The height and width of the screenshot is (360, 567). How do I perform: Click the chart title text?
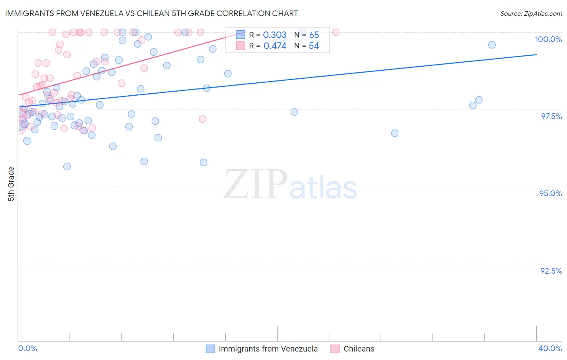point(151,13)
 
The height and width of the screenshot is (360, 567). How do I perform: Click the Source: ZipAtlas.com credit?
point(531,14)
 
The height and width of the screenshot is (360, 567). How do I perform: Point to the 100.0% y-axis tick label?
point(548,39)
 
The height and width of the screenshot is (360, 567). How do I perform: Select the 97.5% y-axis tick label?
point(551,116)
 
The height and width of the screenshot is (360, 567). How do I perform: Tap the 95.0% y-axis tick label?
point(550,193)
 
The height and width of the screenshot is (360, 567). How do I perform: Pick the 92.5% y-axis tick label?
point(551,271)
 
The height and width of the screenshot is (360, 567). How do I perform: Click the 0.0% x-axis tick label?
point(27,349)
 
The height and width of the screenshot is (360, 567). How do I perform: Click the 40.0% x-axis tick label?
point(550,349)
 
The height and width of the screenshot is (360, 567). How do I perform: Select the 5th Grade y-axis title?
point(11,184)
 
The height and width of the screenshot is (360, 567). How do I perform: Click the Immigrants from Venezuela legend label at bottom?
point(268,349)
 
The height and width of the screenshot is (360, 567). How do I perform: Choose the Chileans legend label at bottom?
point(359,349)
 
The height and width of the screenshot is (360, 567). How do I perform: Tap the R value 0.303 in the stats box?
point(275,35)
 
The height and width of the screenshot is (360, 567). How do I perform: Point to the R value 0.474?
point(275,46)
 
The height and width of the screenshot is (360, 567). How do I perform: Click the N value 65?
point(314,35)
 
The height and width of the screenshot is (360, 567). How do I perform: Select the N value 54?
point(314,46)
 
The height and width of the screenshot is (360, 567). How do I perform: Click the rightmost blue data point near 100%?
point(492,45)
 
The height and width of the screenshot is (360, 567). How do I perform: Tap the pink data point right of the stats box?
point(336,32)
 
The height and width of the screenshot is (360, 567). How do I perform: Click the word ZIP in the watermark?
point(255,185)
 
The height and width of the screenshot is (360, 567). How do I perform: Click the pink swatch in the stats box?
point(240,46)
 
